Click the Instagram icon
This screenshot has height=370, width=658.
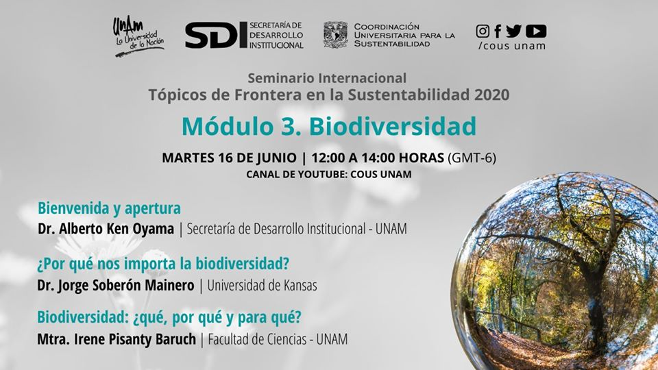[x=483, y=31]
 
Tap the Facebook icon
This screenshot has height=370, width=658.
[x=498, y=31]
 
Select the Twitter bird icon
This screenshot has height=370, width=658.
[x=513, y=31]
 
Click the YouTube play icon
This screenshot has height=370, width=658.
[x=536, y=31]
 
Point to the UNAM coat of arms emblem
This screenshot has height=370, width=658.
[x=336, y=35]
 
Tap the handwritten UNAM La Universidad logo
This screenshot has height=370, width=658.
[x=138, y=37]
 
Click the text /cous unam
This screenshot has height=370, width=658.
[x=512, y=46]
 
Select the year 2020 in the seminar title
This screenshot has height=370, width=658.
[x=492, y=95]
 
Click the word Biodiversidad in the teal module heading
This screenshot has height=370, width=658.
[x=393, y=126]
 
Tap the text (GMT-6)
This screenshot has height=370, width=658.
[x=472, y=158]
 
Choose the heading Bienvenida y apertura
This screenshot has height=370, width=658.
[x=109, y=208]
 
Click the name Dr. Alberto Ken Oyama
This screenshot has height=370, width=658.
[x=106, y=229]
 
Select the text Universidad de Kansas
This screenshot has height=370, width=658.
[x=263, y=286]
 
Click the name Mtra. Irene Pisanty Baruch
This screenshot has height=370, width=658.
[x=117, y=339]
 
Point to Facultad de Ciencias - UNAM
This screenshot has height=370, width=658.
[x=278, y=339]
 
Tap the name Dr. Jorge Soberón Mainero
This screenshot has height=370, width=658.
[x=116, y=286]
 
